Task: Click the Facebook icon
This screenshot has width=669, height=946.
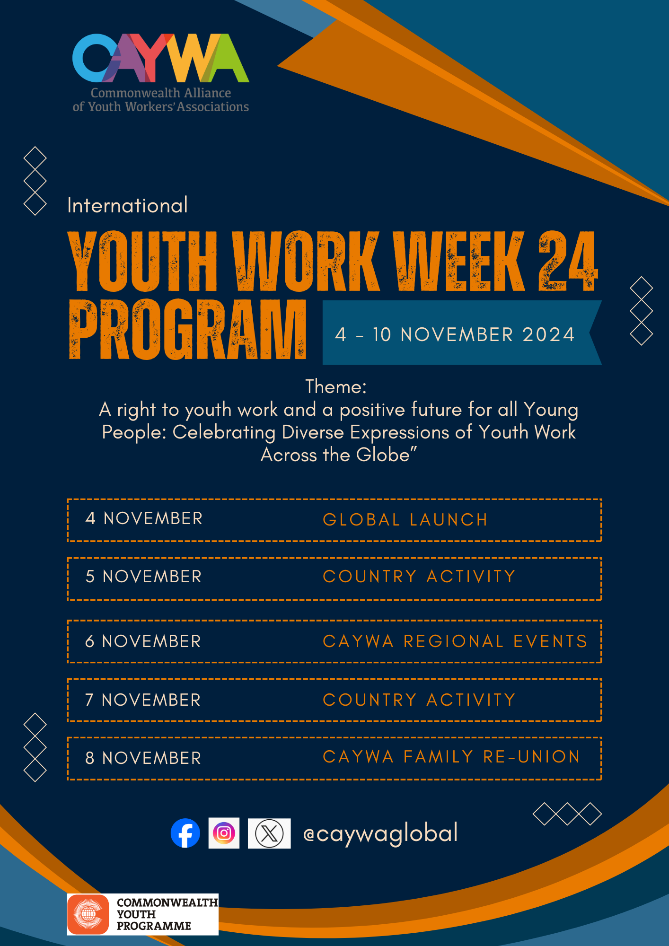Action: point(185,833)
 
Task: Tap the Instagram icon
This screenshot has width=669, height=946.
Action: point(224,833)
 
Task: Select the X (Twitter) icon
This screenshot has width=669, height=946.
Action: point(269,833)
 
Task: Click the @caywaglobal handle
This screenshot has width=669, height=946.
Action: point(380,833)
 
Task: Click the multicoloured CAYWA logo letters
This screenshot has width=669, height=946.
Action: point(161,58)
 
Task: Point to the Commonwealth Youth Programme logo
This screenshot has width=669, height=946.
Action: point(142,914)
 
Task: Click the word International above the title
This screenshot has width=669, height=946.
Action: point(128,205)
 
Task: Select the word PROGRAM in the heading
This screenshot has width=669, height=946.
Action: point(188,329)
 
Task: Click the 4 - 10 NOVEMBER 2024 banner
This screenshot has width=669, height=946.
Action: point(462,333)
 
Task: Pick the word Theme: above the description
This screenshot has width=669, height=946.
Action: point(336,387)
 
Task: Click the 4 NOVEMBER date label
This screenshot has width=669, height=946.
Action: point(144,518)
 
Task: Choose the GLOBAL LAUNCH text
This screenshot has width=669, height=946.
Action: point(405,520)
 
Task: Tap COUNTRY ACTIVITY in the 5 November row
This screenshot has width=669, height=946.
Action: point(419,577)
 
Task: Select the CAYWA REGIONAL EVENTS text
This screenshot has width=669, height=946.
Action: point(455,641)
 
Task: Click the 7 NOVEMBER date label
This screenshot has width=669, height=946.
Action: point(143,700)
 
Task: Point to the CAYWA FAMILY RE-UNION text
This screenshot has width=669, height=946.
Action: point(451,757)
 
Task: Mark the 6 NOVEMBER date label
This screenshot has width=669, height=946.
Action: point(143,641)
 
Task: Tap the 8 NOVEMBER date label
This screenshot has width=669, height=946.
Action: point(143,758)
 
